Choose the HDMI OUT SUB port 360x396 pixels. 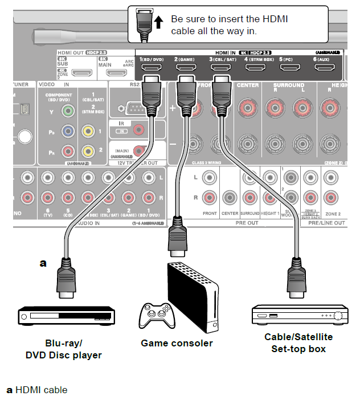[x=83, y=73]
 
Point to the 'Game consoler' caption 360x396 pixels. [x=177, y=343]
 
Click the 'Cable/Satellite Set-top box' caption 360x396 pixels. [x=298, y=342]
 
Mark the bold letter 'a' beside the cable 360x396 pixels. [x=42, y=263]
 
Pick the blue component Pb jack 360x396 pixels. [x=68, y=132]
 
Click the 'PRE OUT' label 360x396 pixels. [x=246, y=223]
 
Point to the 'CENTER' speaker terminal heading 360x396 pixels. [x=247, y=85]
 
